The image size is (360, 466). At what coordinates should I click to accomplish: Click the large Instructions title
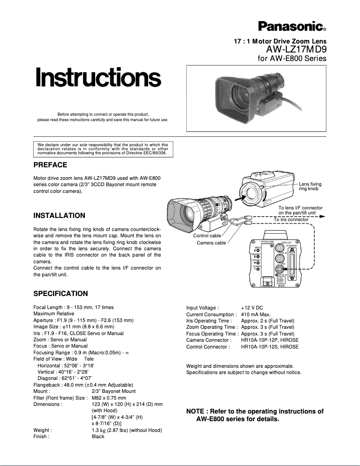click(98, 78)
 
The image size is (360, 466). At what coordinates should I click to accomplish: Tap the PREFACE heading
click(50, 165)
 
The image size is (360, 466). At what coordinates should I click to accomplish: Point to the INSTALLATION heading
click(59, 216)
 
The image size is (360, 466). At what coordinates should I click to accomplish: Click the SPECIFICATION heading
click(61, 294)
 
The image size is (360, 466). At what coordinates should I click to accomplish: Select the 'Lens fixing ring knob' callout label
click(310, 187)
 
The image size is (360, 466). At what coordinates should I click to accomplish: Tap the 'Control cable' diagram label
click(207, 235)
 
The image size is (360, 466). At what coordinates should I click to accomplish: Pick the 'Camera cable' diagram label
click(211, 243)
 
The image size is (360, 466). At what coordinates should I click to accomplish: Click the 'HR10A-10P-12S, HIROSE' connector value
click(270, 347)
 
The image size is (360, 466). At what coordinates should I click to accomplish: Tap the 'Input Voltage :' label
click(202, 308)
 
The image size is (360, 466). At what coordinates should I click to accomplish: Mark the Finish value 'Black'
click(98, 436)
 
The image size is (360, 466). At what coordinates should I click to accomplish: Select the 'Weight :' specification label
click(43, 430)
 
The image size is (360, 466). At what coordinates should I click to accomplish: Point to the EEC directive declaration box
click(103, 149)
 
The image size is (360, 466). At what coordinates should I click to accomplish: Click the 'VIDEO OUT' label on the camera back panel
click(286, 243)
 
